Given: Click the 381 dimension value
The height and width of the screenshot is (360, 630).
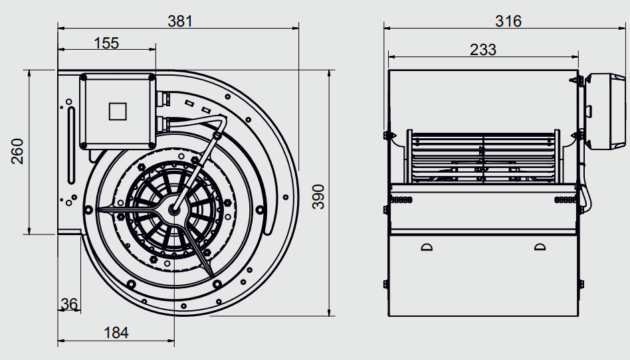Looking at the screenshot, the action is pyautogui.click(x=180, y=21).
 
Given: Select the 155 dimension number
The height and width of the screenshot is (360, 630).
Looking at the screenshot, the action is pyautogui.click(x=106, y=43).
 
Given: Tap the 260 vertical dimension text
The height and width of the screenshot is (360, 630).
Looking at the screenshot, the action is pyautogui.click(x=18, y=151).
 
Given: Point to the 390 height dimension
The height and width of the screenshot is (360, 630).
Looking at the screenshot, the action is pyautogui.click(x=318, y=197).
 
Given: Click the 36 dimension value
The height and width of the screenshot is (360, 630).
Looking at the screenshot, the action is pyautogui.click(x=69, y=304).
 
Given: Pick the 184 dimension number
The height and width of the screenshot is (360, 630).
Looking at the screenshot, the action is pyautogui.click(x=116, y=333).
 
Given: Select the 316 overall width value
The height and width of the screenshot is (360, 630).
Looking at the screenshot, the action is pyautogui.click(x=508, y=21).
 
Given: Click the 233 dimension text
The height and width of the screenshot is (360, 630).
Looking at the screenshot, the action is pyautogui.click(x=483, y=50).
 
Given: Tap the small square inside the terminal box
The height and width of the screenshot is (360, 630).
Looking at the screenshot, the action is pyautogui.click(x=118, y=112).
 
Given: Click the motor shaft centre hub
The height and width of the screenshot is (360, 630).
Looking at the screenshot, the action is pyautogui.click(x=174, y=209).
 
